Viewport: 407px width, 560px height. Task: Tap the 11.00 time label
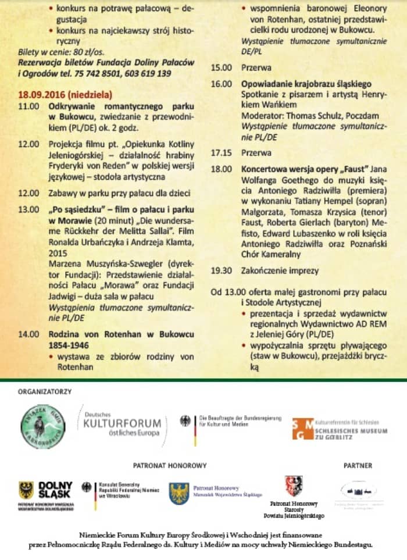point(28,107)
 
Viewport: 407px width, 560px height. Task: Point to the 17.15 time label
point(220,153)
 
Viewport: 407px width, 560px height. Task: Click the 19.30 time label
point(220,270)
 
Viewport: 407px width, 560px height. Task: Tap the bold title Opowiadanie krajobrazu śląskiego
point(306,84)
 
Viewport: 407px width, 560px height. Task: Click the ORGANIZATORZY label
point(45,391)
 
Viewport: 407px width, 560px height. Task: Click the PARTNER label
point(358,465)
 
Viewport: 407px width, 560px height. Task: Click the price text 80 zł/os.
point(91,52)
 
